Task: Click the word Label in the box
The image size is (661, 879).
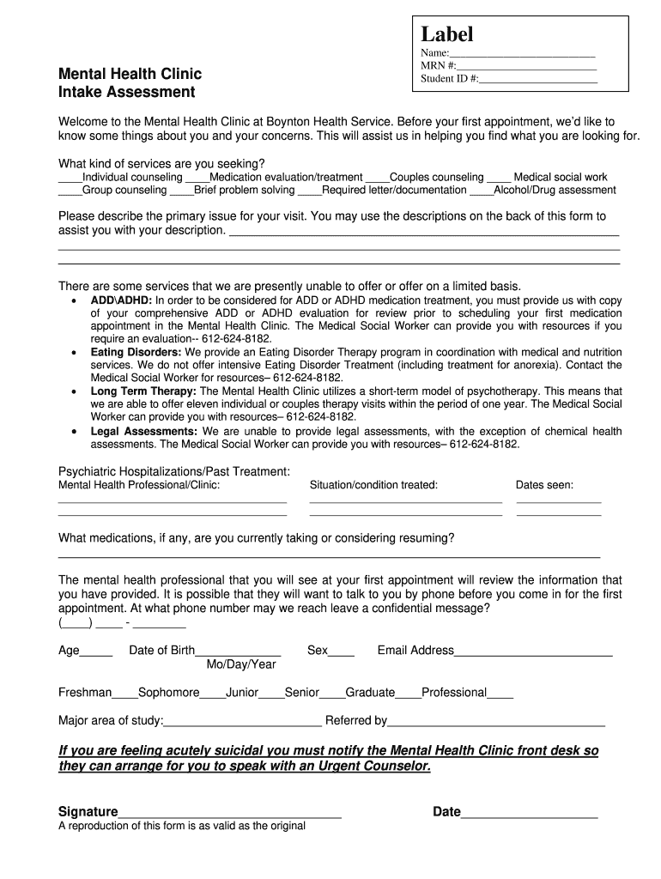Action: click(446, 34)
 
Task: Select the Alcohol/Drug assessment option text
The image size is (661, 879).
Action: click(555, 191)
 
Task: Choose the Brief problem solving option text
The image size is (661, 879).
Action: click(244, 191)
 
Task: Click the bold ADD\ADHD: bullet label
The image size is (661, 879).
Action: click(121, 300)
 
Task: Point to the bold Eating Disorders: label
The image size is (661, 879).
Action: click(136, 352)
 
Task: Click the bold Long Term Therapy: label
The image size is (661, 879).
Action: click(143, 391)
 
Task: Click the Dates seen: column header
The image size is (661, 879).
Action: click(544, 485)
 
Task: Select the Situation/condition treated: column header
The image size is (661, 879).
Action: click(373, 485)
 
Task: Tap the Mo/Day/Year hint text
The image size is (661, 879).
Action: click(241, 664)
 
